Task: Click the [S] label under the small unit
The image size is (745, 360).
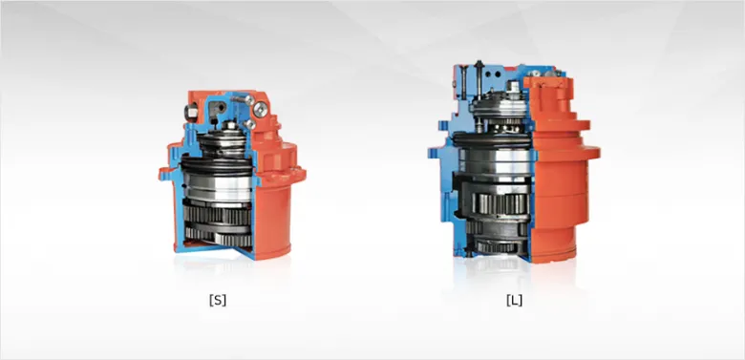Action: coord(218,300)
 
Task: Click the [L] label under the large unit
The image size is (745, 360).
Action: coord(514,300)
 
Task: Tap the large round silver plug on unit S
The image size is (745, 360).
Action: coord(260,110)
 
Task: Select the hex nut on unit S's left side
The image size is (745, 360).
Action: coord(191,112)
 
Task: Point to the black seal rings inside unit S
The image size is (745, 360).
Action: coord(217,165)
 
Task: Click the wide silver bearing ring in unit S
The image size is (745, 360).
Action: coord(218,185)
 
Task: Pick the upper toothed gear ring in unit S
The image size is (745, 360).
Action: coord(218,215)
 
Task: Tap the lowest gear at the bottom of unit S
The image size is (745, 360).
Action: coord(219,237)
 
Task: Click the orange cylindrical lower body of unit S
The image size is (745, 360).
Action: coord(272,220)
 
